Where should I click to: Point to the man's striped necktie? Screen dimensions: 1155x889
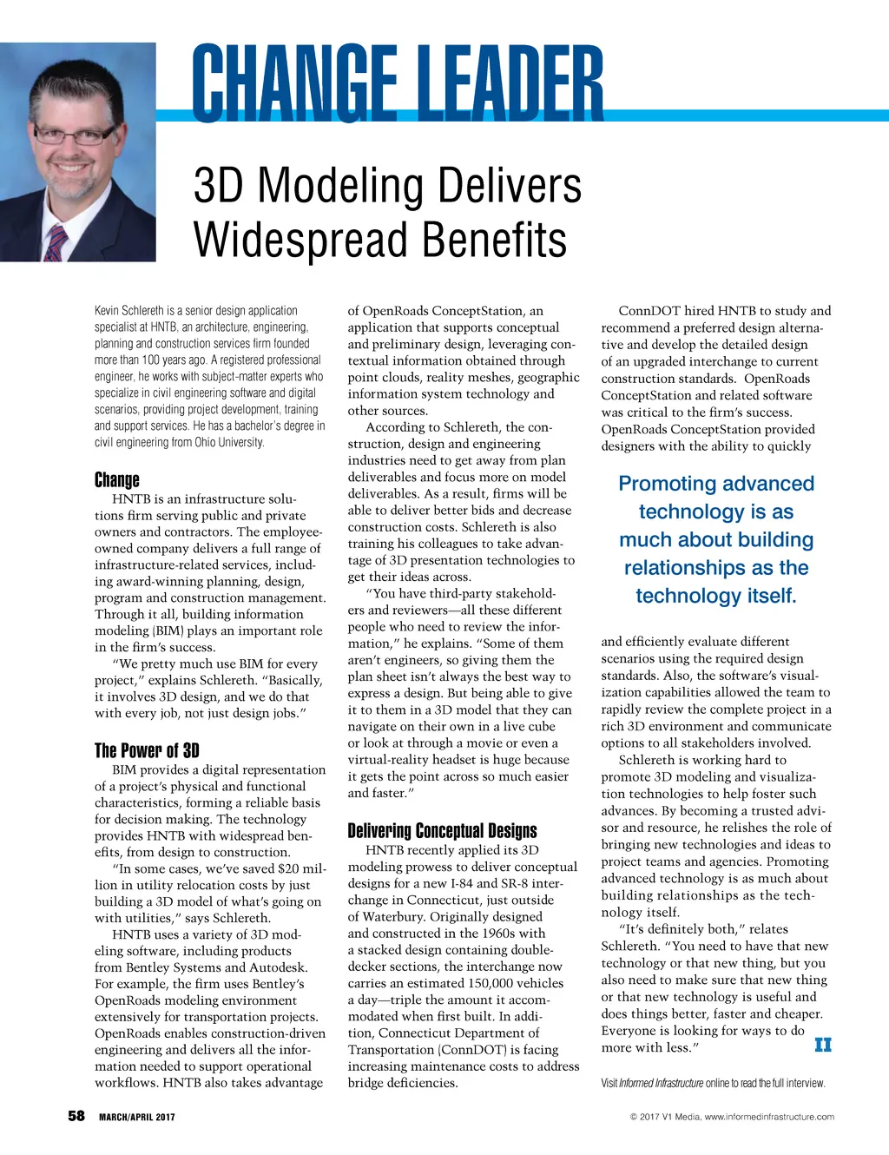pos(56,242)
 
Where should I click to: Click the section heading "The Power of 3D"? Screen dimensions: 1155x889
pos(147,750)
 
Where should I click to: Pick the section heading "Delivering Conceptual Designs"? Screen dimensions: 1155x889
pos(442,830)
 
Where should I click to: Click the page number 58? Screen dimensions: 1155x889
pos(76,1116)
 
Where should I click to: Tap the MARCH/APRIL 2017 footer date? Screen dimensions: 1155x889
pos(136,1117)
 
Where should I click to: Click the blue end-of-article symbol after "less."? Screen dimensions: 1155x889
pos(823,1045)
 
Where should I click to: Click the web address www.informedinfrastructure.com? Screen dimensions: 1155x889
pos(769,1117)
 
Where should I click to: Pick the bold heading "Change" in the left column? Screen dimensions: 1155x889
pos(116,479)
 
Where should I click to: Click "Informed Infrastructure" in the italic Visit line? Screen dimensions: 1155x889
pos(661,1083)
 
